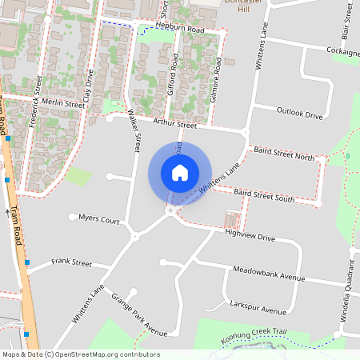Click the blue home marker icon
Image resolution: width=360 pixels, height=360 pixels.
point(180,173)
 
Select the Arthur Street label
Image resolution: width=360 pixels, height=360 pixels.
point(174,124)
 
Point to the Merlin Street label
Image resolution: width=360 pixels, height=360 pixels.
point(63,104)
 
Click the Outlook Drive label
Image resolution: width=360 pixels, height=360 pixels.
point(299,114)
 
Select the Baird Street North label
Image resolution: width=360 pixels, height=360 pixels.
point(283,154)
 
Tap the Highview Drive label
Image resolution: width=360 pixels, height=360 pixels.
point(250,237)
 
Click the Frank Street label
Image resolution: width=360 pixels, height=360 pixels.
point(71,262)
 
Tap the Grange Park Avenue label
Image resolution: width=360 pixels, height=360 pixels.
point(139,314)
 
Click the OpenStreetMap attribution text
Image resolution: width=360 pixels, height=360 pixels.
point(80,354)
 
